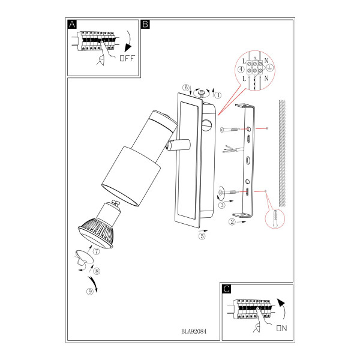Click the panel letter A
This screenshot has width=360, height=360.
coord(72,24)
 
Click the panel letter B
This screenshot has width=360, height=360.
coord(146,24)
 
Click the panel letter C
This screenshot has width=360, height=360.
coord(227,289)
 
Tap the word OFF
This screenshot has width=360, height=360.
coord(127,58)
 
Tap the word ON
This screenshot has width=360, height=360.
coord(282,328)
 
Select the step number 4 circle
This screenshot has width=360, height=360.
coord(241,69)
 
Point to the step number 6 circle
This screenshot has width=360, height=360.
coord(186,88)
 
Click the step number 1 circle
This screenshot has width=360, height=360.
coord(218,95)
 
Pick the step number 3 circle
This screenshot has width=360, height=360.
coord(222,205)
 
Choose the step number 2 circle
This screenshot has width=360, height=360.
coord(232,222)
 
